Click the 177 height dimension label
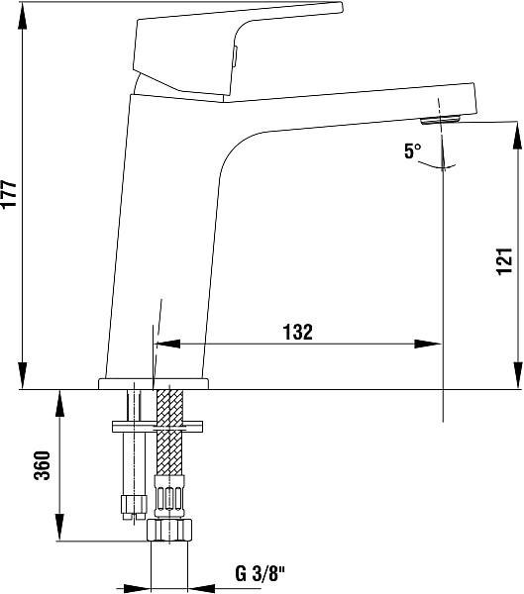coord(9,194)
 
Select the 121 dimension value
coord(504,261)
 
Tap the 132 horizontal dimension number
coord(298,332)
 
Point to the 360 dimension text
coord(42,465)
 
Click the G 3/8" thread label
coord(260,573)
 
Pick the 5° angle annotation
coord(412,151)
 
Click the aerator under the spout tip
coord(441,121)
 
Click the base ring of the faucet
coord(154,383)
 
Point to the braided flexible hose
coord(169,432)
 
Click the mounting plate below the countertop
coord(157,426)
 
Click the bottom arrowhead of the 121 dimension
coord(517,374)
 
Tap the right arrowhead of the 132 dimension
coord(428,344)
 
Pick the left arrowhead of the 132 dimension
coord(167,344)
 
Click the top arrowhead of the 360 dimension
coord(59,404)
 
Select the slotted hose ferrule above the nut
coord(169,497)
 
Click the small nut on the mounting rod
coord(134,505)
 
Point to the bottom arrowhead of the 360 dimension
coord(59,527)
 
